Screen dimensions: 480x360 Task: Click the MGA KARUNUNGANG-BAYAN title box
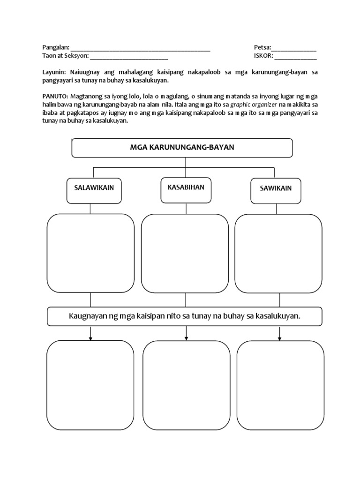pos(182,148)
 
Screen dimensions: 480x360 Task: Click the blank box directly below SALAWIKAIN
pos(90,253)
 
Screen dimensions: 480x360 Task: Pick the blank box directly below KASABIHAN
pos(185,253)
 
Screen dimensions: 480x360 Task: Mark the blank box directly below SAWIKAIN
pos(278,253)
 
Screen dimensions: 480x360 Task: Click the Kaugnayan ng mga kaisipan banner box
pos(185,316)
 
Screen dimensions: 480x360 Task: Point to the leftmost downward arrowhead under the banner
pos(90,337)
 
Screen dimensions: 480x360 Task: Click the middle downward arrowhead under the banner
pos(187,337)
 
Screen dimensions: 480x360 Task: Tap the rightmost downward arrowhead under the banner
pos(280,337)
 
